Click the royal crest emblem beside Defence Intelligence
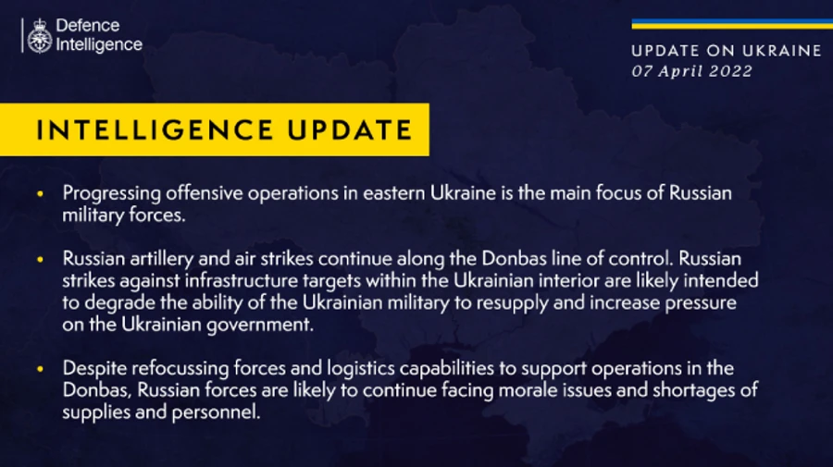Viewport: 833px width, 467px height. point(39,35)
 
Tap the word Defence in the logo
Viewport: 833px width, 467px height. point(89,26)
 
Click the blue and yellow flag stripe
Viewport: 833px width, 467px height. point(726,24)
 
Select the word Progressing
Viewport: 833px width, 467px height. point(111,193)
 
